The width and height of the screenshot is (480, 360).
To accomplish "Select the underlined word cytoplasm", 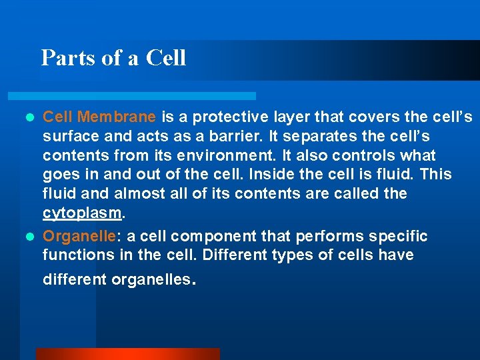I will pyautogui.click(x=83, y=213).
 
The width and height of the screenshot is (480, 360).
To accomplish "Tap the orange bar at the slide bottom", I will pyautogui.click(x=127, y=353).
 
